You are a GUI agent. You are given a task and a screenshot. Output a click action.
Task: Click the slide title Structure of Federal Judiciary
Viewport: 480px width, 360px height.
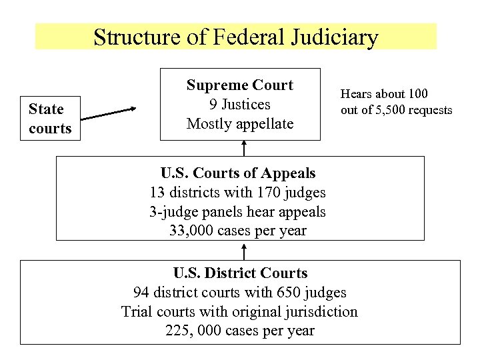(x=236, y=37)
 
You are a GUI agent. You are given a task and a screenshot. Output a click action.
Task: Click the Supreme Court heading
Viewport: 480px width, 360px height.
(x=240, y=85)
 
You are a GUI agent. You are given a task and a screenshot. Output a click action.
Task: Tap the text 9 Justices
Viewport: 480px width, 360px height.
(x=240, y=105)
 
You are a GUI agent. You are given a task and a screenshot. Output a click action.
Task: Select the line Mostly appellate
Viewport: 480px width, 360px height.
(x=240, y=124)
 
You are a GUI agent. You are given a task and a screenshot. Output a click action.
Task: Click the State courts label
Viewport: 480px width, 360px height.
(x=49, y=119)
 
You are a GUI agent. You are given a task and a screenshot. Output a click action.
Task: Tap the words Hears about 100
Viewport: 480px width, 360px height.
(x=384, y=94)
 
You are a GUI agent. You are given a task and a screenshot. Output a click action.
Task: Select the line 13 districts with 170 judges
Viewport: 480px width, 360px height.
(x=239, y=193)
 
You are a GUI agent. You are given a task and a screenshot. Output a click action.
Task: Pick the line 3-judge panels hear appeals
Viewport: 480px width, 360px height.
(x=239, y=212)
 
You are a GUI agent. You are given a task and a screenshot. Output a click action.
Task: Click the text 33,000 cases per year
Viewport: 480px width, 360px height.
(x=239, y=231)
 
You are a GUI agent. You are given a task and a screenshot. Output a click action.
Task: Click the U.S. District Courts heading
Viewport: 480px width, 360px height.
(x=240, y=273)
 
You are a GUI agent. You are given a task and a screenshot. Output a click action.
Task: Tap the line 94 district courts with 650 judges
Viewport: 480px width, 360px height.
(x=240, y=293)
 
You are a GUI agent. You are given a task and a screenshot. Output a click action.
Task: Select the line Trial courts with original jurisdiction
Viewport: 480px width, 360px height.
(x=240, y=312)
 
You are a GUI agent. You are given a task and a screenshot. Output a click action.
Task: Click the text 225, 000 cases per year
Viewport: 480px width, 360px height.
(x=240, y=331)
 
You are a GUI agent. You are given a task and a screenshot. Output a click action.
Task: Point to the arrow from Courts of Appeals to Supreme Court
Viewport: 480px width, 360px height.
(x=245, y=148)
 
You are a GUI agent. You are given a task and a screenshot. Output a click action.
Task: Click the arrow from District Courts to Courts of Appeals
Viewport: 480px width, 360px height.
(x=245, y=251)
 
